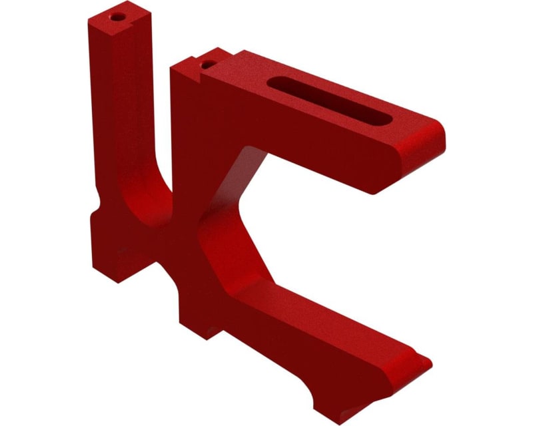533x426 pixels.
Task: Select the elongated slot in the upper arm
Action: coord(330,100)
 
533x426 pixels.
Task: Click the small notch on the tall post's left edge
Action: coord(98,200)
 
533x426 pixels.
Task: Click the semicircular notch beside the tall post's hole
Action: coord(143,21)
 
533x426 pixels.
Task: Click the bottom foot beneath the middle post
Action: coord(200,319)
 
